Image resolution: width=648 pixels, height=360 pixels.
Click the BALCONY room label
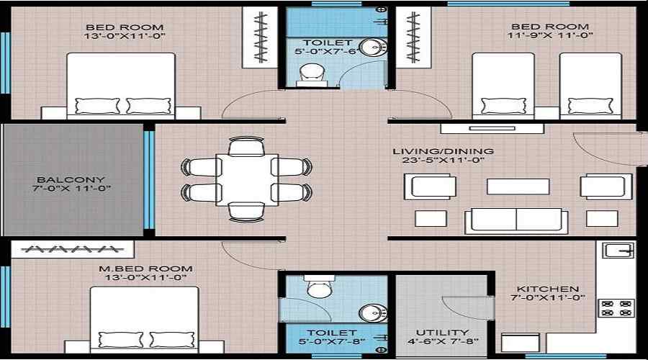(71, 179)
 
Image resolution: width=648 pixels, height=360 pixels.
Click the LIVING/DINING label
(443, 151)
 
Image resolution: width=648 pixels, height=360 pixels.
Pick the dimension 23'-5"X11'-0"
(444, 161)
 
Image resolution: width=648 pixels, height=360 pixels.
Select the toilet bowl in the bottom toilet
(318, 289)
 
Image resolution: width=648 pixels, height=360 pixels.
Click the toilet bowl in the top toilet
(310, 71)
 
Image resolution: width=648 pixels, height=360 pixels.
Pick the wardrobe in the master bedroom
(72, 249)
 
